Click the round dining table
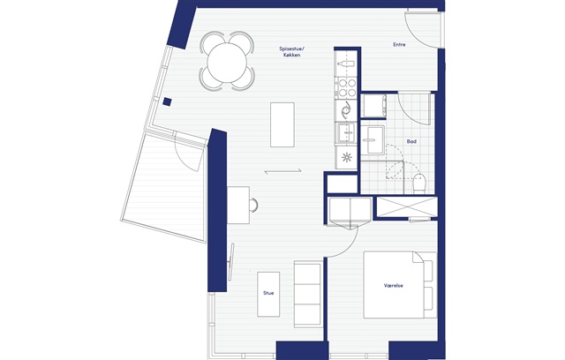[x=227, y=62]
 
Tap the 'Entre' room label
[x=399, y=45]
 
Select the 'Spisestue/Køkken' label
[x=291, y=52]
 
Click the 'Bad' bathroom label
[x=411, y=141]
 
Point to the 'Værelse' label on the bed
[x=394, y=286]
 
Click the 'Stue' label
[x=268, y=293]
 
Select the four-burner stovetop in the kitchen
[x=347, y=88]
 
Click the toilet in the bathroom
[x=419, y=183]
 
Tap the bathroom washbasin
[x=373, y=139]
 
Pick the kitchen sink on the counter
[x=346, y=133]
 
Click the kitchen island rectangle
[x=282, y=124]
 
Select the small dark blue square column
[x=167, y=101]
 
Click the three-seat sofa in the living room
[x=308, y=295]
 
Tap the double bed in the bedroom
[x=400, y=285]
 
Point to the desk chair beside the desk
[x=254, y=205]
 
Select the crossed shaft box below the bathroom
[x=407, y=207]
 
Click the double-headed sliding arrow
[x=282, y=172]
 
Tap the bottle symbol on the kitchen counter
[x=346, y=64]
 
